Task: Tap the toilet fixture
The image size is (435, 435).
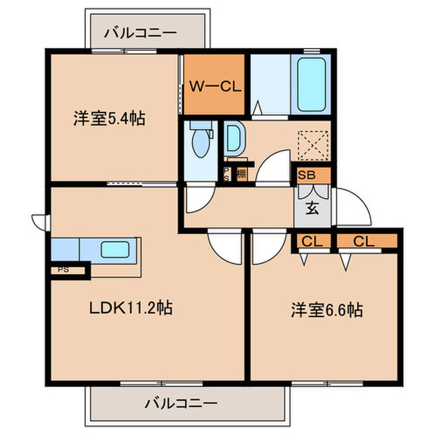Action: pyautogui.click(x=201, y=141)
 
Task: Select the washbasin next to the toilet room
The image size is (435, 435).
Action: pyautogui.click(x=234, y=139)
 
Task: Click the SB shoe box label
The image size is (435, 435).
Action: pyautogui.click(x=306, y=175)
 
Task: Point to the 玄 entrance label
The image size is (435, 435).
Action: pyautogui.click(x=312, y=208)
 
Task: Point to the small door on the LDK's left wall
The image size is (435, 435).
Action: pyautogui.click(x=39, y=221)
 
